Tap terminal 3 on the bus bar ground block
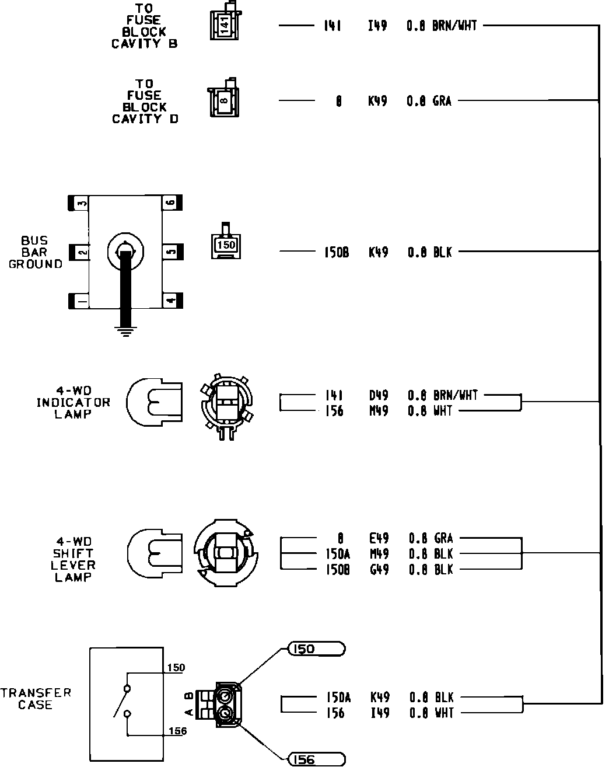[79, 203]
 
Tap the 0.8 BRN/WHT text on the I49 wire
[442, 26]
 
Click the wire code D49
[378, 396]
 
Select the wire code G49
[379, 569]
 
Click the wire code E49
[379, 538]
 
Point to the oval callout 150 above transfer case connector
[316, 649]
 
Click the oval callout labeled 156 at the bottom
[316, 759]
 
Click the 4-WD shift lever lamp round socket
[225, 552]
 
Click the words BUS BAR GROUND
[35, 252]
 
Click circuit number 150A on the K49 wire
[338, 697]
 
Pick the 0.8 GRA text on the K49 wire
[429, 101]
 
